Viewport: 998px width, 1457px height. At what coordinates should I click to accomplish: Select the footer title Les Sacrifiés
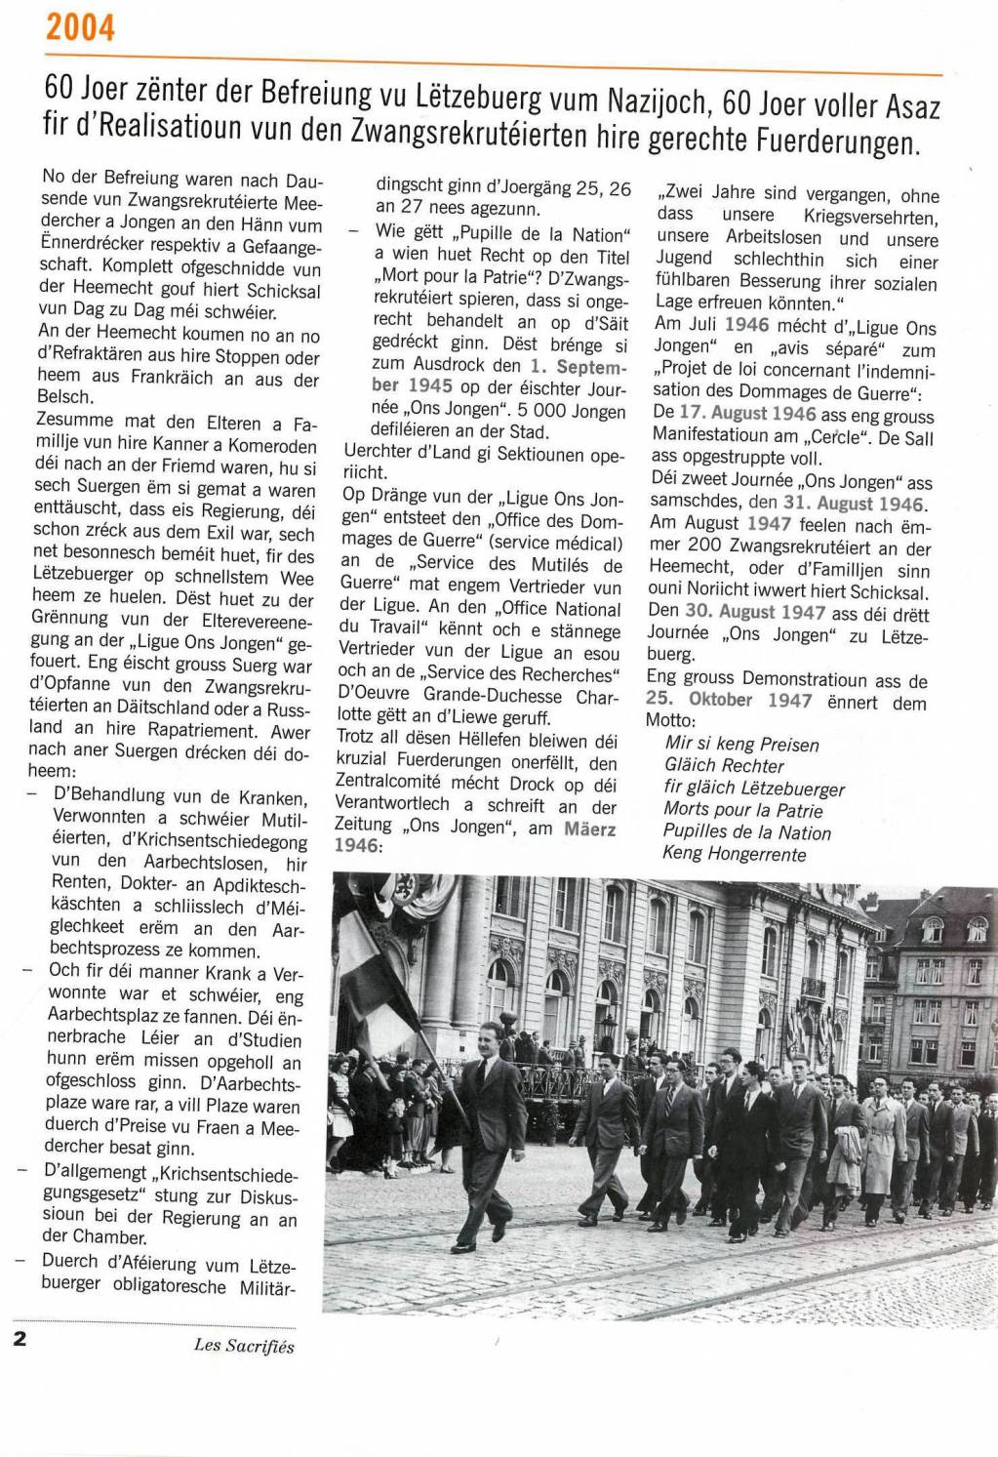(244, 1347)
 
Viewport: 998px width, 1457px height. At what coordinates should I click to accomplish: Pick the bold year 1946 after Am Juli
(746, 325)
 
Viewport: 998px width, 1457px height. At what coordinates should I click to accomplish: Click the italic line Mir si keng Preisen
(740, 744)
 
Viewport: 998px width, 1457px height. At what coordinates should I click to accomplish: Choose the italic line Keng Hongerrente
(735, 854)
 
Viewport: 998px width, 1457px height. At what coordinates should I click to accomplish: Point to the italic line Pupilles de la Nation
(746, 832)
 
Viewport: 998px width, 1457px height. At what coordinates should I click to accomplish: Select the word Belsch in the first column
(66, 398)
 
